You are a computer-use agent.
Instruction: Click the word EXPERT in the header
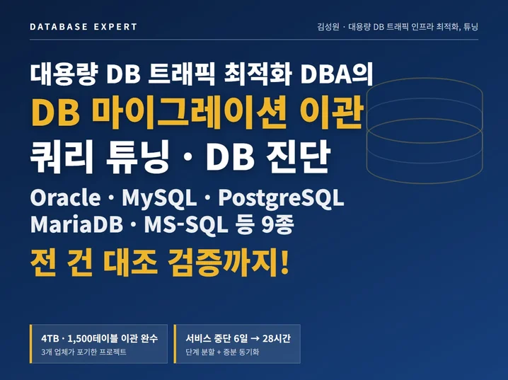pyautogui.click(x=115, y=27)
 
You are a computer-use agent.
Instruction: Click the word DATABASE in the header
pyautogui.click(x=59, y=27)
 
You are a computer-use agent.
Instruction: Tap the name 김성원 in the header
pyautogui.click(x=328, y=27)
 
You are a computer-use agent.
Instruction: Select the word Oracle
pyautogui.click(x=65, y=197)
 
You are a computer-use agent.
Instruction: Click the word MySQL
pyautogui.click(x=159, y=198)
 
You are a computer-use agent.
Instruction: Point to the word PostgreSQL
pyautogui.click(x=281, y=199)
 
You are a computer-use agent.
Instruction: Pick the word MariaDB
pyautogui.click(x=76, y=224)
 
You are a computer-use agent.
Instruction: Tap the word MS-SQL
pyautogui.click(x=186, y=225)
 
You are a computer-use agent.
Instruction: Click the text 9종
pyautogui.click(x=277, y=224)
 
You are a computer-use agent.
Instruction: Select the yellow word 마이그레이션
pyautogui.click(x=189, y=112)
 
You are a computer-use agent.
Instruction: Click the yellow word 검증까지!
pyautogui.click(x=228, y=262)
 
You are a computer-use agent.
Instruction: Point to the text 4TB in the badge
pyautogui.click(x=50, y=338)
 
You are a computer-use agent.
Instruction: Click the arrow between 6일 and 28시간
pyautogui.click(x=255, y=338)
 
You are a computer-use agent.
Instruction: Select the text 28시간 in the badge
pyautogui.click(x=277, y=338)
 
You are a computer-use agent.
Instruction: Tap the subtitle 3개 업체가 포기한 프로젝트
pyautogui.click(x=83, y=352)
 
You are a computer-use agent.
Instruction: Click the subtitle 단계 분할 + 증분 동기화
pyautogui.click(x=222, y=352)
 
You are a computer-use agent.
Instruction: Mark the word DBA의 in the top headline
pyautogui.click(x=337, y=74)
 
